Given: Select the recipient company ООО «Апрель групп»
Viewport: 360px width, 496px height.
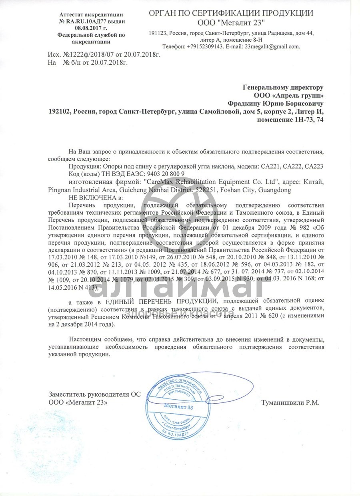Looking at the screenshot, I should pos(288,95).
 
